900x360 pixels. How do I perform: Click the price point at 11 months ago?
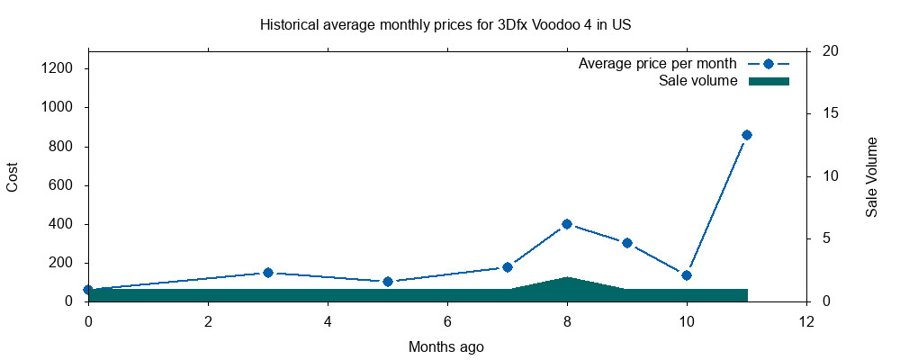point(746,135)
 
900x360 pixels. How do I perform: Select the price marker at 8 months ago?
point(567,224)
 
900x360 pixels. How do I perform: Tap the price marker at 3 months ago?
point(268,273)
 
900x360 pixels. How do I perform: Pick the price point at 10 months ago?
point(687,275)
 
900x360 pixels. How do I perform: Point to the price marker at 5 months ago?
point(388,282)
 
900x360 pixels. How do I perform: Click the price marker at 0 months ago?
point(88,290)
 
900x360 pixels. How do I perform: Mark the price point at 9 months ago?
point(627,243)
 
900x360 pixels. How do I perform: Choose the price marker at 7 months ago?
point(508,267)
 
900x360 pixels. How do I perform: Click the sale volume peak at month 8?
point(567,278)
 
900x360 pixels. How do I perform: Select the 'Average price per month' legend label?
point(658,64)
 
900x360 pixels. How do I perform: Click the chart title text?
point(445,24)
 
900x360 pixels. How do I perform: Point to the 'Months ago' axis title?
point(446,346)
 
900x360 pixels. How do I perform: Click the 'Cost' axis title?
point(13,175)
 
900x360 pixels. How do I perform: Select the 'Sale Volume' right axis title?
point(871,176)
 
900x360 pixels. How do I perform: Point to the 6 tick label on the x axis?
point(447,322)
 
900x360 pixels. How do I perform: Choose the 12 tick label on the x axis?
point(806,322)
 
